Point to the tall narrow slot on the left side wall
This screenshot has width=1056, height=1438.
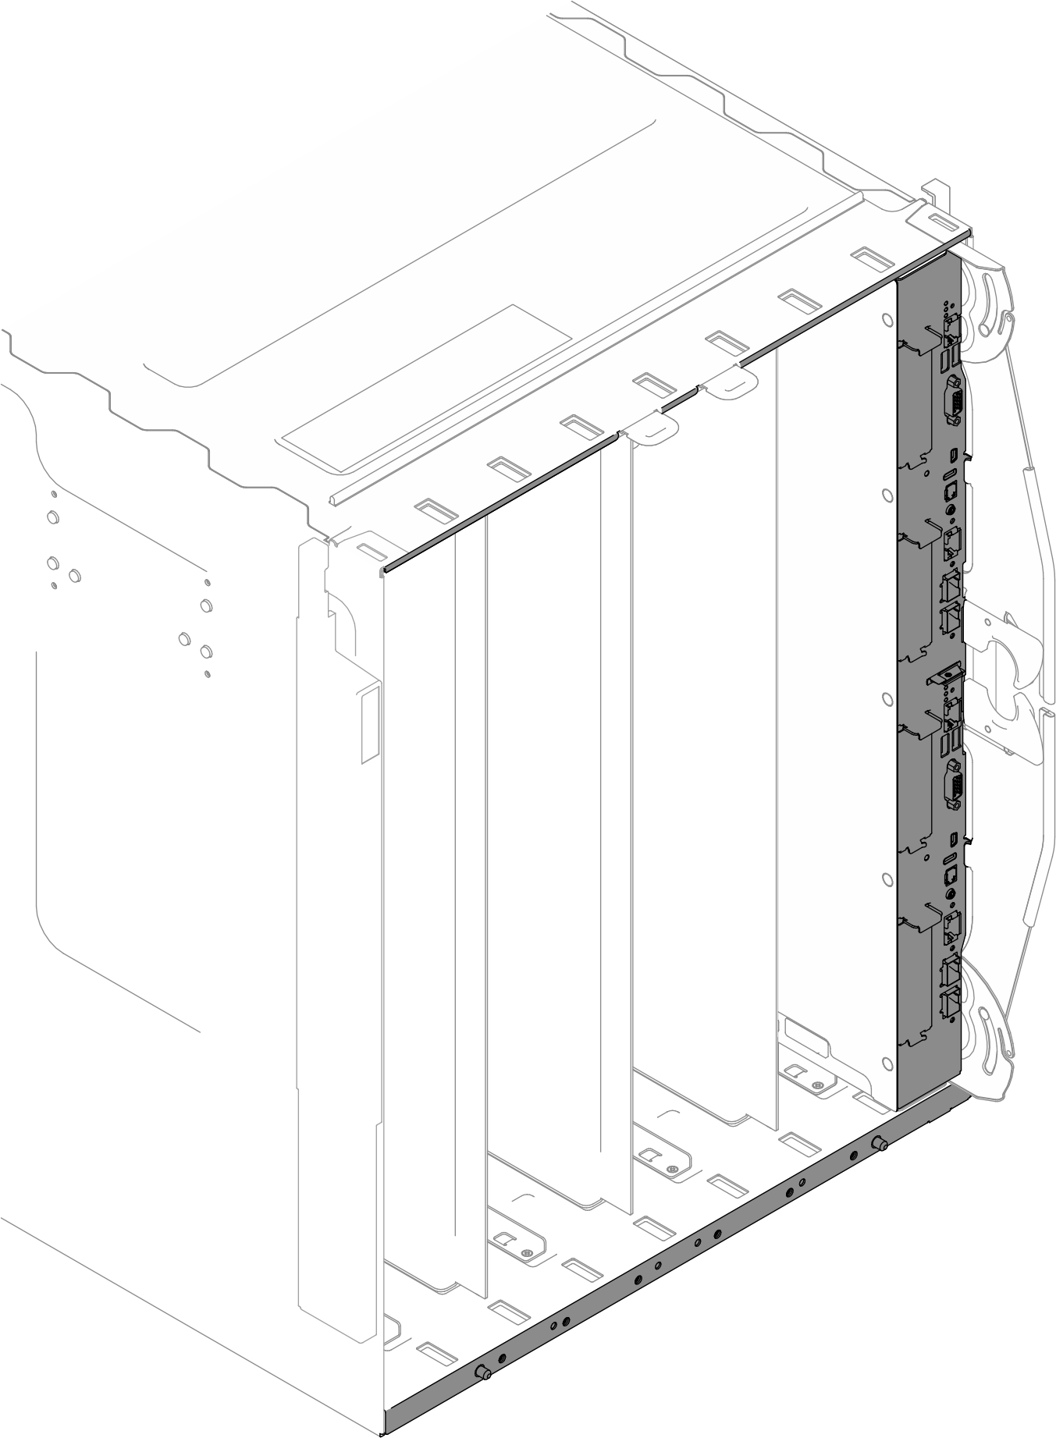pos(368,724)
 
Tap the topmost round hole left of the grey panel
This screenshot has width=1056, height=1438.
pos(887,320)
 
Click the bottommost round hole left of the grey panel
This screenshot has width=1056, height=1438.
pos(887,1063)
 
